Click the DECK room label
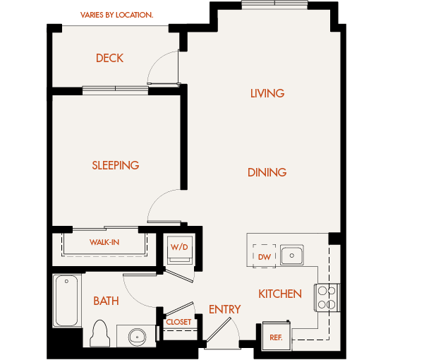tap(109, 58)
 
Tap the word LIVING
tap(267, 93)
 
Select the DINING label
tap(267, 172)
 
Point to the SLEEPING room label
tap(115, 165)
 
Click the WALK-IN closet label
tap(104, 242)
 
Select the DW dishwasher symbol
tap(265, 256)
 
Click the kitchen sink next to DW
tap(291, 254)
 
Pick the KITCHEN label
tap(279, 294)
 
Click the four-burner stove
tap(327, 297)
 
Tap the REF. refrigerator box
tap(276, 337)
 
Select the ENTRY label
tap(224, 309)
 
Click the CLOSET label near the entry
tap(178, 322)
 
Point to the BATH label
tap(106, 301)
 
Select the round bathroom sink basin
tap(136, 336)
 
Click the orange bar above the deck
tap(145, 13)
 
